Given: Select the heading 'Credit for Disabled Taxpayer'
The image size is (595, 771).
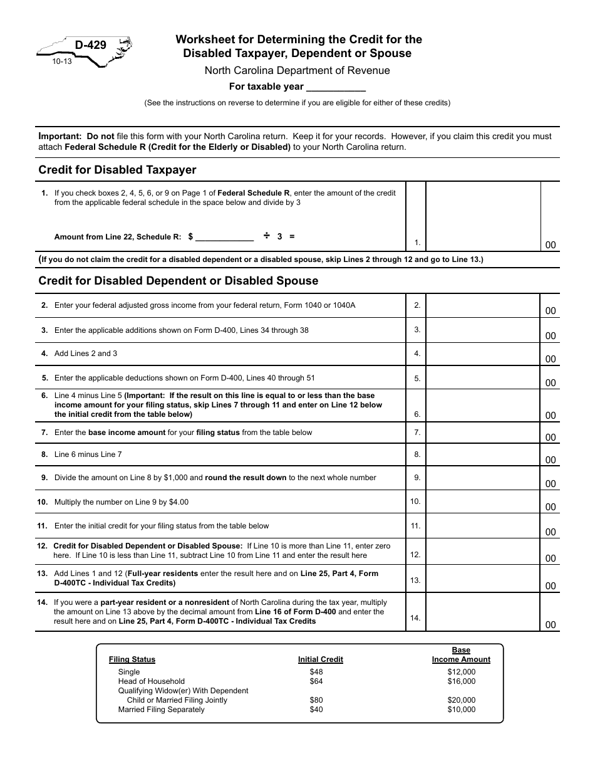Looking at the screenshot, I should (117, 170).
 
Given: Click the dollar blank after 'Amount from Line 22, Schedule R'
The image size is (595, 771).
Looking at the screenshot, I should (225, 238).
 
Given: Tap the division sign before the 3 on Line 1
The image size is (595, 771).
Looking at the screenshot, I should (266, 236).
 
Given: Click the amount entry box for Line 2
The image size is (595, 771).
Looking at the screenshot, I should (482, 306).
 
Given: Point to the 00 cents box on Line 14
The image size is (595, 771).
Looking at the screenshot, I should (550, 624).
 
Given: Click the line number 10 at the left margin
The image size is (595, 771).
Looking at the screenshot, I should (43, 502).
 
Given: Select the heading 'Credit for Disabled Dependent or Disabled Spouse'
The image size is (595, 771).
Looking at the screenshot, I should (178, 281).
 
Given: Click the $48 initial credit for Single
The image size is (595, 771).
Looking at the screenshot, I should (316, 672).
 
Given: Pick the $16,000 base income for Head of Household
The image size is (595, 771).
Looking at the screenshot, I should (461, 681).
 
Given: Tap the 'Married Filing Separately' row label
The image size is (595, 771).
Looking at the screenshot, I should (161, 710).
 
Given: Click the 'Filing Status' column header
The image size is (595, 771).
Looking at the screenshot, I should (132, 659).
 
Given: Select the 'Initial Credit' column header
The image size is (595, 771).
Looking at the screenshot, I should (320, 659).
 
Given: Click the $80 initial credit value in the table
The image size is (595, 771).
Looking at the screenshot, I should (316, 700).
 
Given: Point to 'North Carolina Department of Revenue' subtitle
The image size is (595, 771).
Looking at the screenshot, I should (297, 71).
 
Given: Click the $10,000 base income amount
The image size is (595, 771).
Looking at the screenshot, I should (461, 710).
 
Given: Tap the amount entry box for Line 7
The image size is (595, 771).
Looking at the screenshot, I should (482, 433).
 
